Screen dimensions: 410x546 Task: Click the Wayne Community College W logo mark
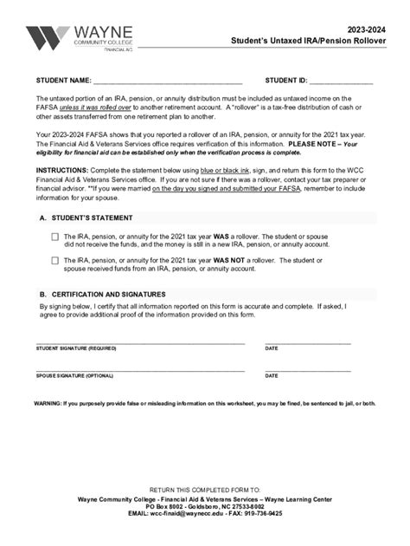46,39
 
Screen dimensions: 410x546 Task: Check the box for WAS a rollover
55,236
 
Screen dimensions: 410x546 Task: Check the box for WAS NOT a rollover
55,259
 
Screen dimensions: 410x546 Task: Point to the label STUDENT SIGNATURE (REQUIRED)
76,348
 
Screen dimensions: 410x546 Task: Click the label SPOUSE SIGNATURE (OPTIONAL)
74,376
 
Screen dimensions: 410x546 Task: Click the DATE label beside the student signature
272,348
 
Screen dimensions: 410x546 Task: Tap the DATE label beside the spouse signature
272,376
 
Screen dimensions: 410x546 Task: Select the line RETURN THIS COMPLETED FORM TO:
204,490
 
